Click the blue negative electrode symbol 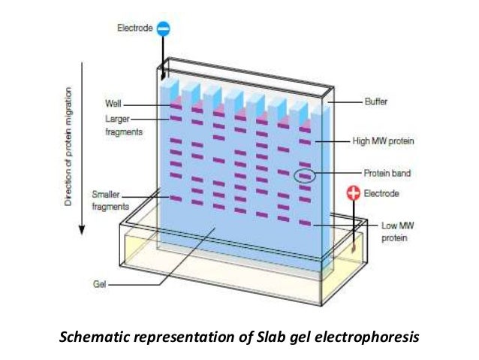point(164,29)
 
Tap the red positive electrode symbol point(352,193)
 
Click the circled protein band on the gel point(304,177)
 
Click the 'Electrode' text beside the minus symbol point(135,29)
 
